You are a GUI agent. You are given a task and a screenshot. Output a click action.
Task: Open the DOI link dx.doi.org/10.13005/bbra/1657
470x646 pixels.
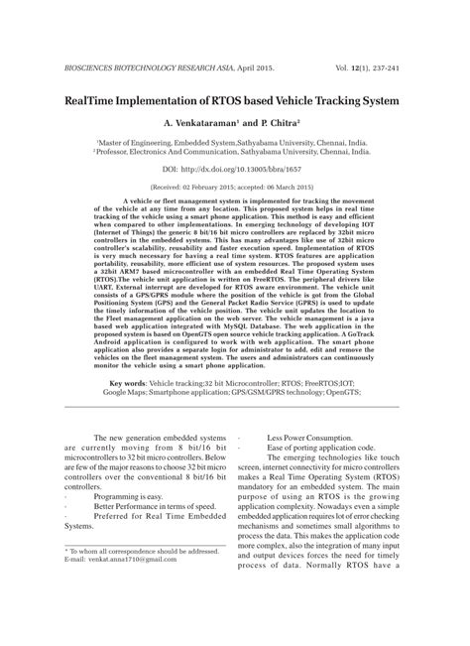234,171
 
